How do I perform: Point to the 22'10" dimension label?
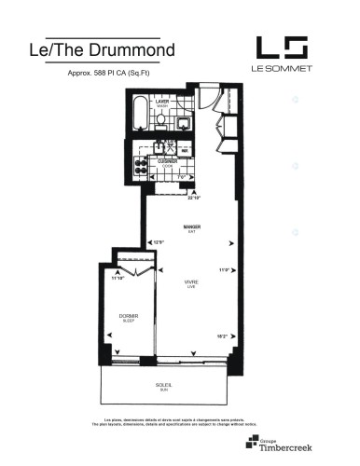coord(194,198)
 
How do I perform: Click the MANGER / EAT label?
coord(193,228)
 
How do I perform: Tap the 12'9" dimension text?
coord(159,243)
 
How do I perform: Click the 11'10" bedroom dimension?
coord(118,278)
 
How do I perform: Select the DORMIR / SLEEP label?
coord(117,317)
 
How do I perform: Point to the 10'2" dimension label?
coord(222,336)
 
